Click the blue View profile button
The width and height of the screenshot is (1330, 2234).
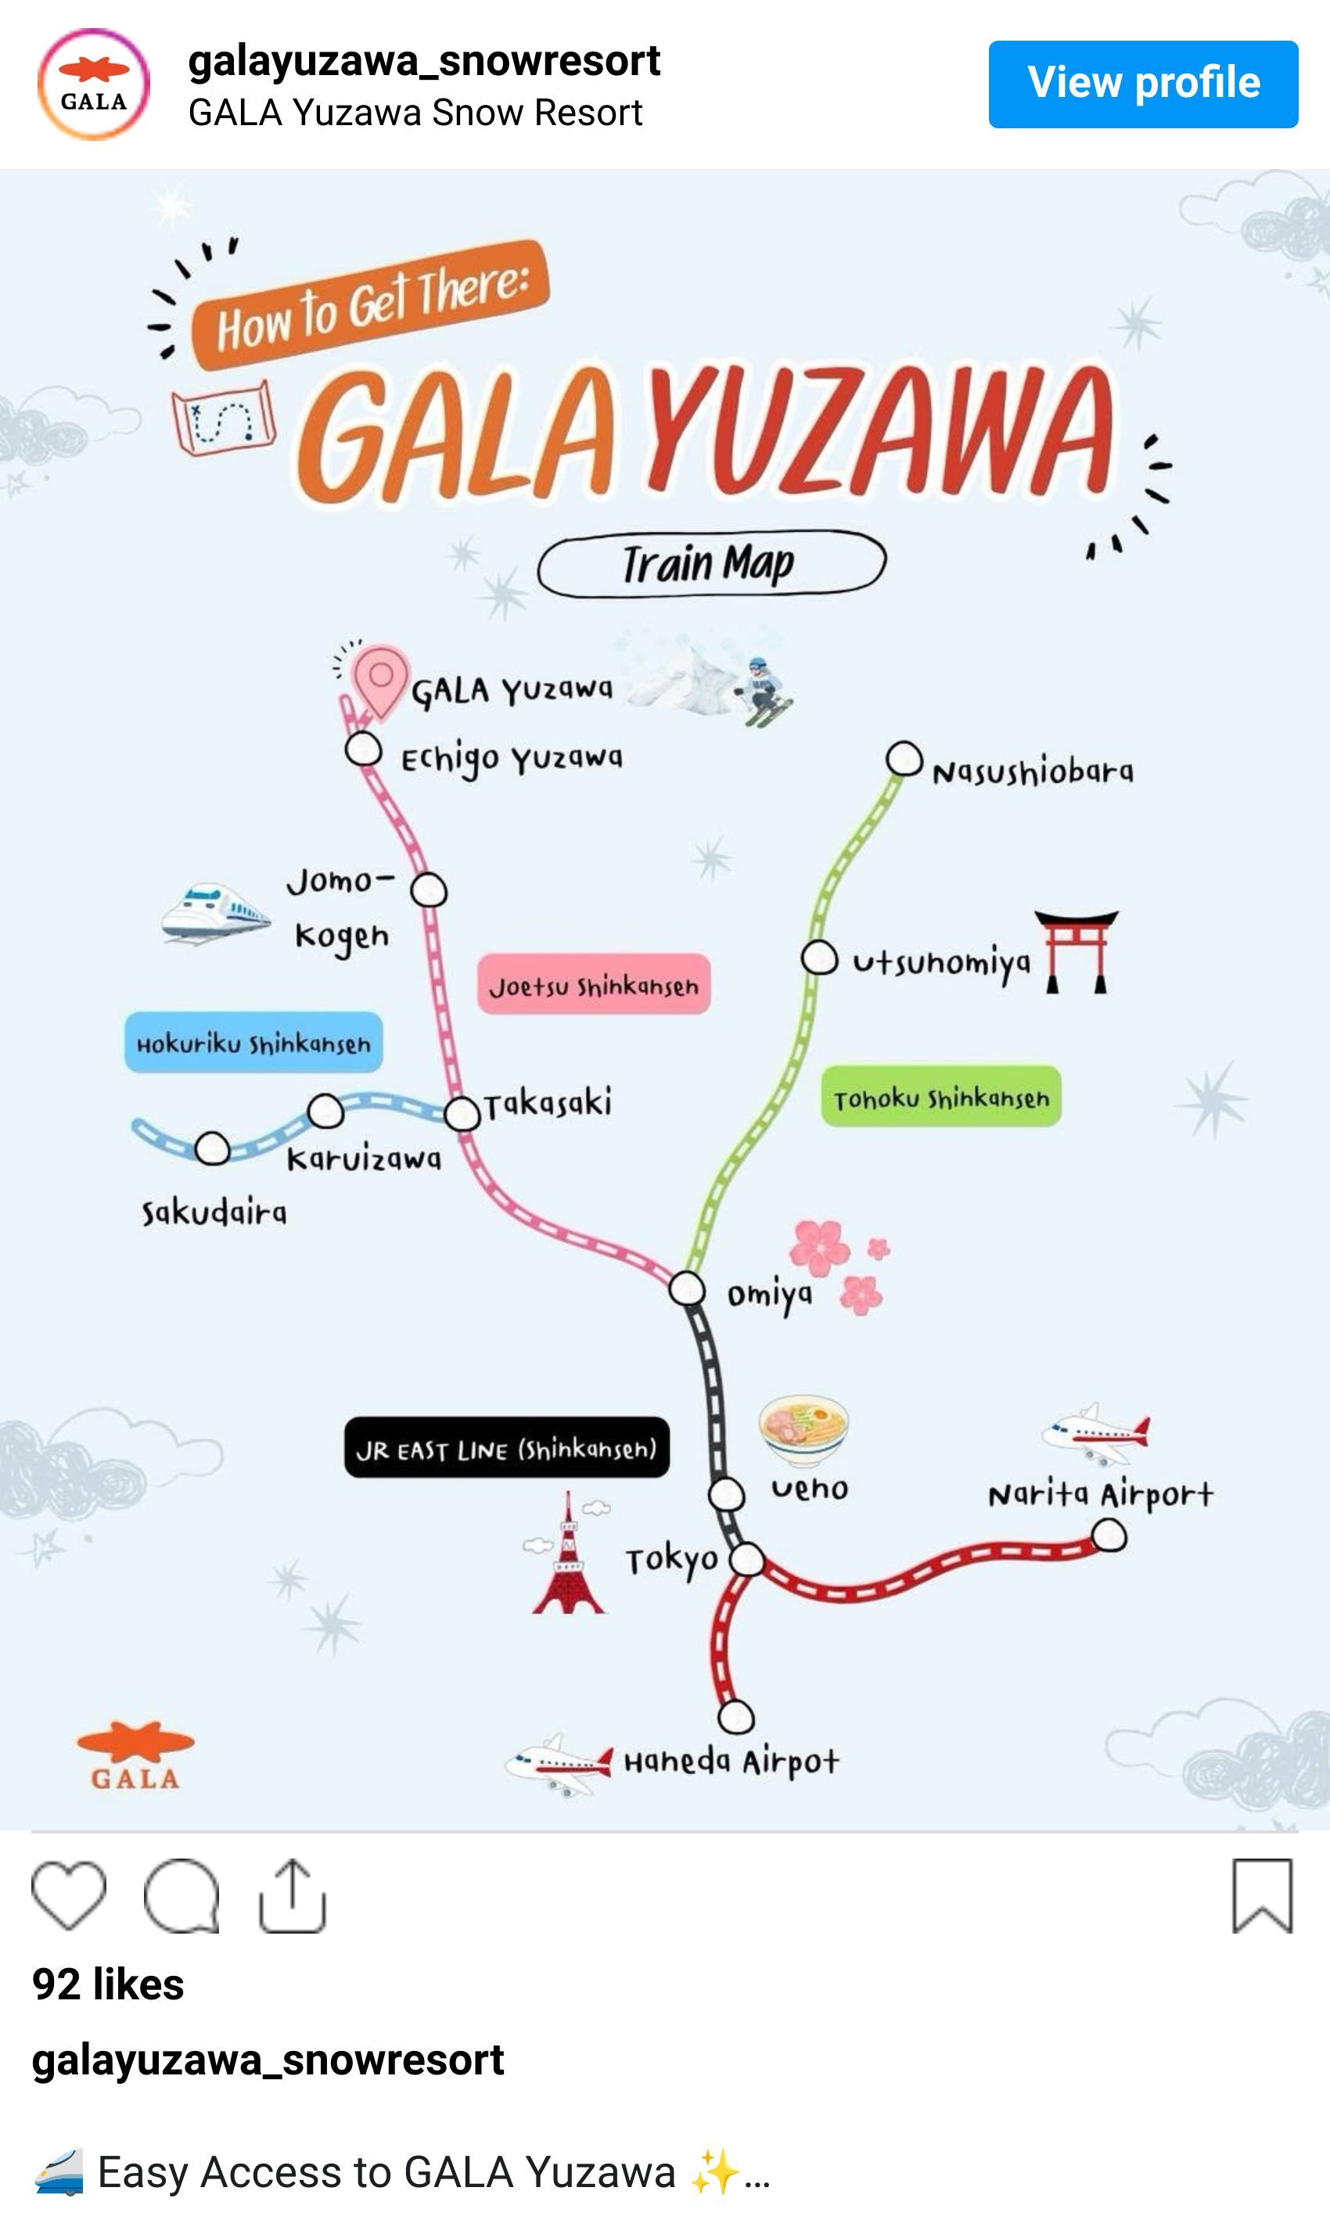[x=1143, y=84]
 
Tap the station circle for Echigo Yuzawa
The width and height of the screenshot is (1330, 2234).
[x=364, y=749]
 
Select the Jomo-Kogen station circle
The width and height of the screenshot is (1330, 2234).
[x=430, y=890]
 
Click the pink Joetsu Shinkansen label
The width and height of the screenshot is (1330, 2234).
[x=593, y=985]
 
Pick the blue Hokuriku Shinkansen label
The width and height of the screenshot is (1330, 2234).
[x=253, y=1042]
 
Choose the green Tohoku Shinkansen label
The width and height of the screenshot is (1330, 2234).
[x=941, y=1097]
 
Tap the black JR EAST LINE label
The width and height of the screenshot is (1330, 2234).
[x=506, y=1447]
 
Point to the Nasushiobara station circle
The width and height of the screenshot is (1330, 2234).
[x=904, y=759]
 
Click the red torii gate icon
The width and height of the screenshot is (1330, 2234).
[x=1077, y=952]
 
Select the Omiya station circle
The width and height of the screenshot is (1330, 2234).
[x=686, y=1288]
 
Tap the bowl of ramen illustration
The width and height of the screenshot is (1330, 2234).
[x=803, y=1429]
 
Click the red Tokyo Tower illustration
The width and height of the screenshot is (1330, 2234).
[x=567, y=1553]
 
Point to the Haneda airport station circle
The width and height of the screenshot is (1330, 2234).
[x=735, y=1717]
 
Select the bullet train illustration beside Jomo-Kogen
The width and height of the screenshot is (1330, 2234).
[x=215, y=913]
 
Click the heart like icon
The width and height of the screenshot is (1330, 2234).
[x=69, y=1895]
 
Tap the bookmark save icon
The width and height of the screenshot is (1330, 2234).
[x=1263, y=1896]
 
